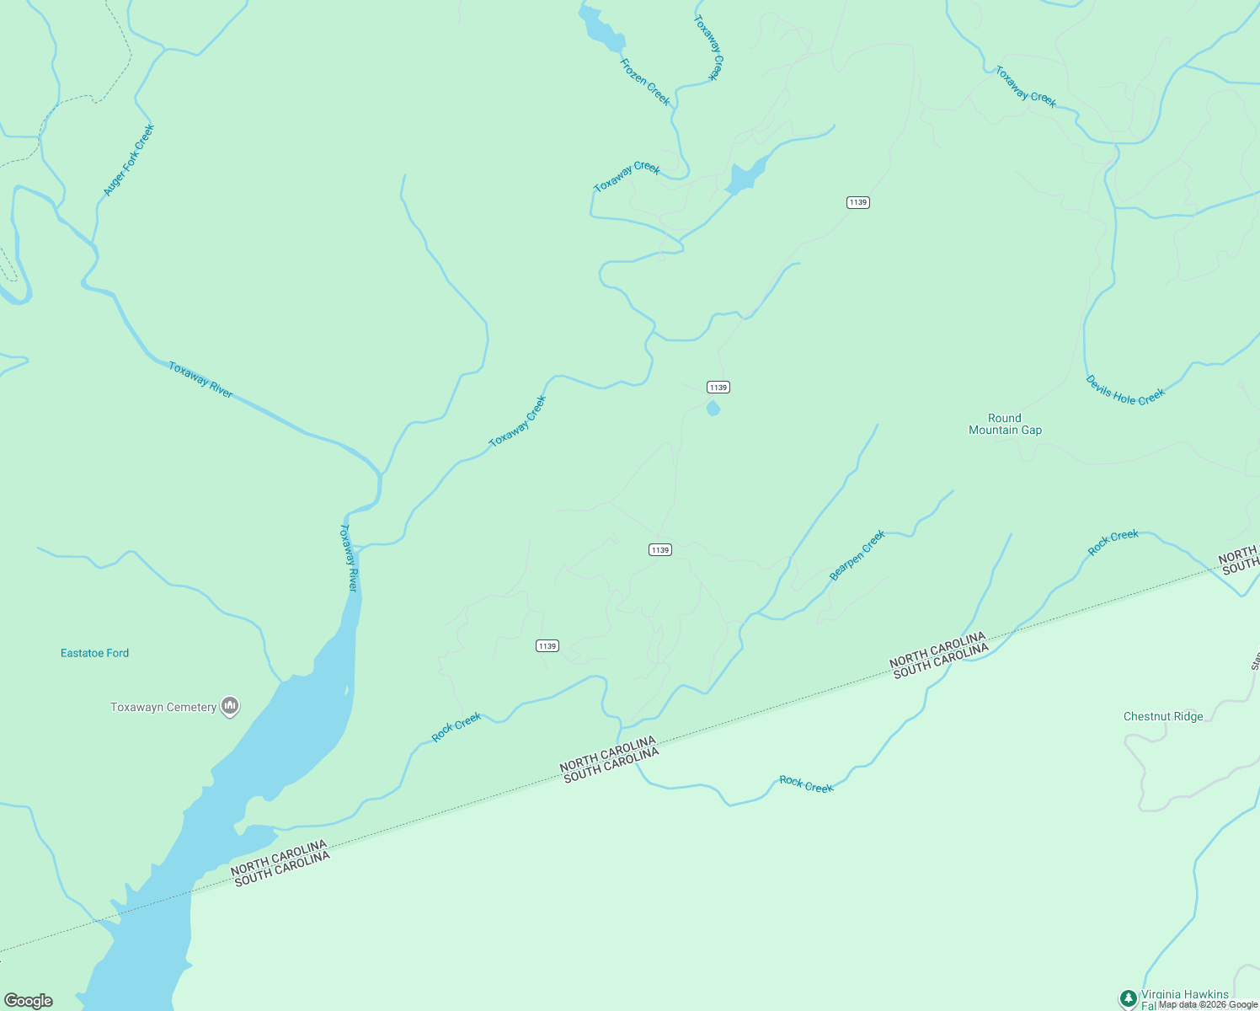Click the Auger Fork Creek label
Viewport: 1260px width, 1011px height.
point(129,160)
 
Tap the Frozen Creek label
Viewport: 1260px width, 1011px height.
point(645,82)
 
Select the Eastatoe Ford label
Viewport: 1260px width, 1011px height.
point(94,653)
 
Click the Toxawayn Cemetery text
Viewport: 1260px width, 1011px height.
point(163,707)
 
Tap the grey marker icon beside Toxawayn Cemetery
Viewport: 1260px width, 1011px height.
point(230,706)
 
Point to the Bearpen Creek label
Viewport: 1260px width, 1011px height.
point(857,555)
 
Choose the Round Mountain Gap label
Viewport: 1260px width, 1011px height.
point(1005,424)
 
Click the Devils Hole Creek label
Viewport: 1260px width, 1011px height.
point(1125,391)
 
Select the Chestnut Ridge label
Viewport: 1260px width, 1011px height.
point(1163,716)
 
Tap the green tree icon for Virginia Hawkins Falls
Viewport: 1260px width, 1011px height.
point(1129,998)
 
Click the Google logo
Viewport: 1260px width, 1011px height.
point(29,1000)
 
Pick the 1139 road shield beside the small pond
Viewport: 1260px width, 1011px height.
point(718,388)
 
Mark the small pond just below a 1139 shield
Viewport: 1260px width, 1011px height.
point(713,409)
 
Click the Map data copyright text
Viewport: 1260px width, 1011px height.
point(1208,1004)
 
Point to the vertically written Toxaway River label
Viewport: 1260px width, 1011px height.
point(349,558)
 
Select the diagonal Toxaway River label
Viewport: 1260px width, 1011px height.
point(200,380)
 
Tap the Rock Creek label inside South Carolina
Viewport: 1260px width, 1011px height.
point(806,785)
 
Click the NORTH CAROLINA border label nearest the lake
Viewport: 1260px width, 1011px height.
point(278,857)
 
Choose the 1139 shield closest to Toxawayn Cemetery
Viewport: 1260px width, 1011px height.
point(547,646)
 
